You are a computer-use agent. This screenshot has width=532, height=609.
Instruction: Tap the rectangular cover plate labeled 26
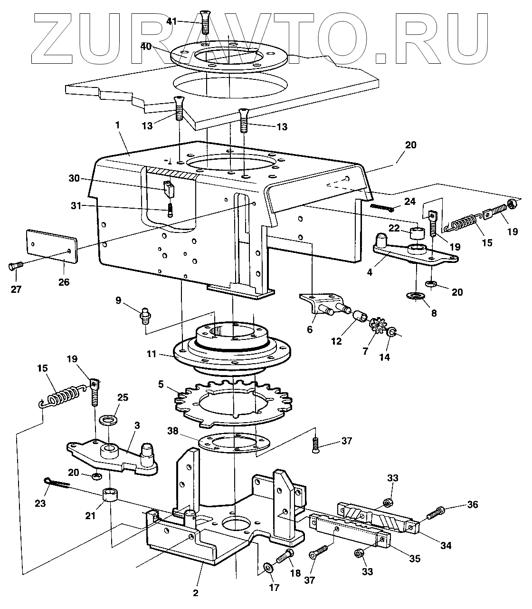coord(51,246)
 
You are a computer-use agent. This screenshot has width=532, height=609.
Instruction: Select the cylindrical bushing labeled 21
coord(110,494)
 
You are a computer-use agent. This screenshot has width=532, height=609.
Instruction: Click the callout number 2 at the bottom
coord(196,593)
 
